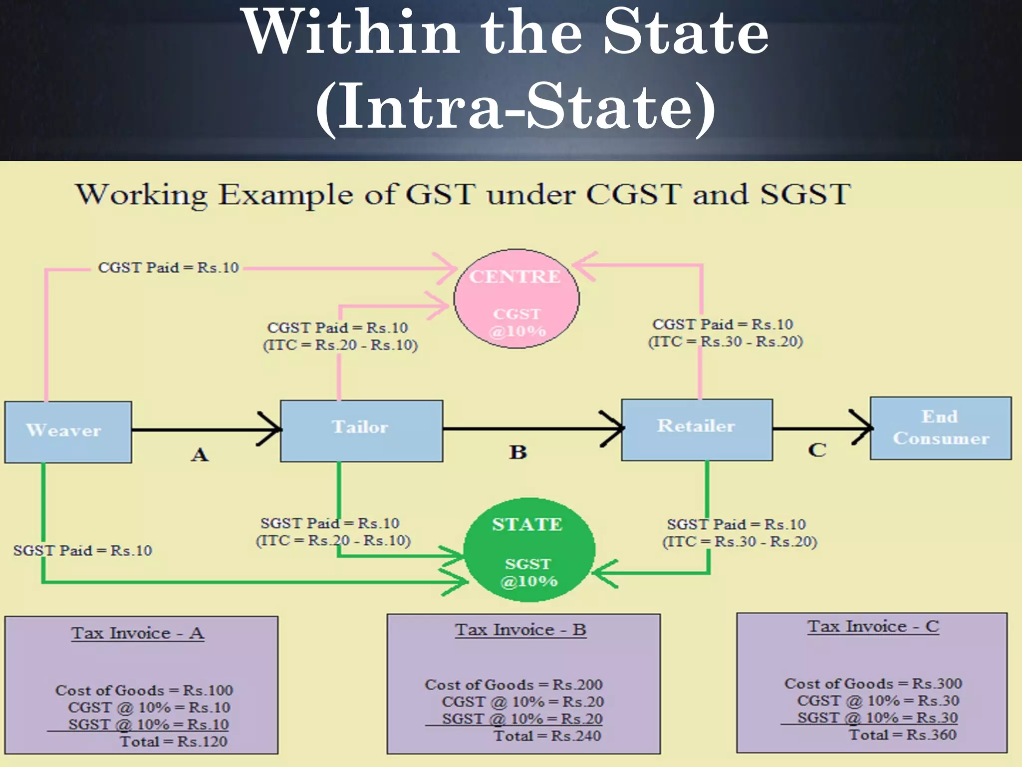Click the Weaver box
68,431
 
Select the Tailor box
361,430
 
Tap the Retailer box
697,429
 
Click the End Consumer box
941,428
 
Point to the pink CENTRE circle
516,299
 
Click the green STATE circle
529,549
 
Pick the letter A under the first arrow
200,455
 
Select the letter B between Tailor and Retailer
518,452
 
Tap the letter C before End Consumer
817,450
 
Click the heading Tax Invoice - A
138,633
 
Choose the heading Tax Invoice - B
520,630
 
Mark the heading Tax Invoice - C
873,626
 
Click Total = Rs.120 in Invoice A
173,742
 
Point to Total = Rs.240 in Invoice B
547,736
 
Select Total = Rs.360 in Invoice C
903,735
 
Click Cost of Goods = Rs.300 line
873,684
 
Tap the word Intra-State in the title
516,107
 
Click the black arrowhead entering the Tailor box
272,429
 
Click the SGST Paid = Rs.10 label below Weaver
83,551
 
